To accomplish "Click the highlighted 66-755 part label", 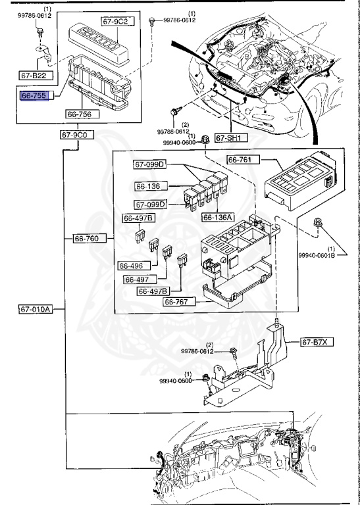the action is (35, 95).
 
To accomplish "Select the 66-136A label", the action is (218, 218).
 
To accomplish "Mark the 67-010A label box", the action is (36, 310).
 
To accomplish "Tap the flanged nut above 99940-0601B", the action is (317, 222).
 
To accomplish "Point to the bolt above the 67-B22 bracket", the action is (40, 33).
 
